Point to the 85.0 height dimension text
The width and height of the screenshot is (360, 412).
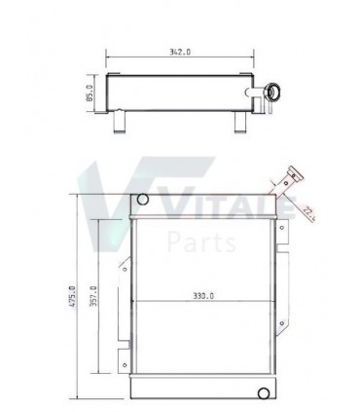(x=89, y=95)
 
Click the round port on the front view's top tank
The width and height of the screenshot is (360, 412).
(x=143, y=200)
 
